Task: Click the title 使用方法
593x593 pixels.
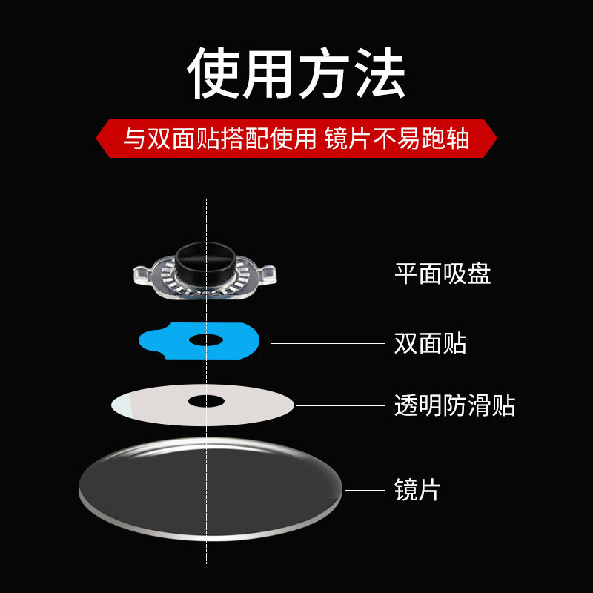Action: pyautogui.click(x=296, y=74)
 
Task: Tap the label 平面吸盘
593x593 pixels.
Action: pyautogui.click(x=442, y=274)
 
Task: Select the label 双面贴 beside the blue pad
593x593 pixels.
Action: pyautogui.click(x=430, y=342)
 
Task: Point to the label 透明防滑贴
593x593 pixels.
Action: pyautogui.click(x=454, y=405)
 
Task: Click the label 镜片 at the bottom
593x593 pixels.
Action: pyautogui.click(x=417, y=490)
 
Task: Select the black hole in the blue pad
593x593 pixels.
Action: pyautogui.click(x=206, y=340)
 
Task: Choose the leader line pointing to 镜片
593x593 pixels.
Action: pyautogui.click(x=365, y=490)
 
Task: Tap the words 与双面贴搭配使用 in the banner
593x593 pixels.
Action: pyautogui.click(x=219, y=139)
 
